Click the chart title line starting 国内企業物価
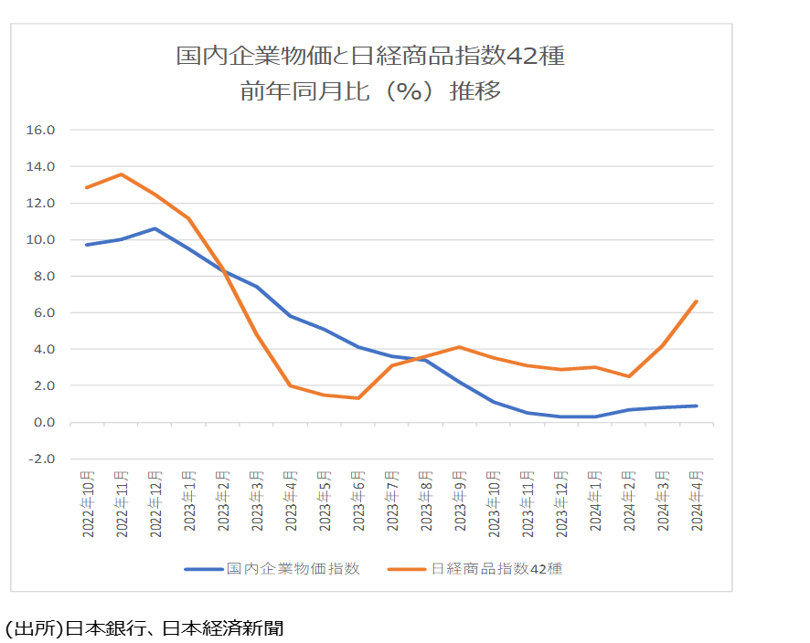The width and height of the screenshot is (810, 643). tap(370, 57)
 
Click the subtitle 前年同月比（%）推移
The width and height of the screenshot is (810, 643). tap(370, 91)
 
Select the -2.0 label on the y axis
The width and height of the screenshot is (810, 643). tap(43, 459)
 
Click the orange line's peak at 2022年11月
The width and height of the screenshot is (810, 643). tap(122, 174)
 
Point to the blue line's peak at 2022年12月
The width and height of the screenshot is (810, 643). tap(155, 228)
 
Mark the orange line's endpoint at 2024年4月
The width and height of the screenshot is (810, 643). tap(697, 301)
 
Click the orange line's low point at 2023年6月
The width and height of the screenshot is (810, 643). tap(358, 397)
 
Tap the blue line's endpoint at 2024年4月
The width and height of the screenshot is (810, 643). tap(697, 406)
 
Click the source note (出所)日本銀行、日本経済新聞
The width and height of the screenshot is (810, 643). tap(144, 628)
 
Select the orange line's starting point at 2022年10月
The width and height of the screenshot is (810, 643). tap(88, 187)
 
